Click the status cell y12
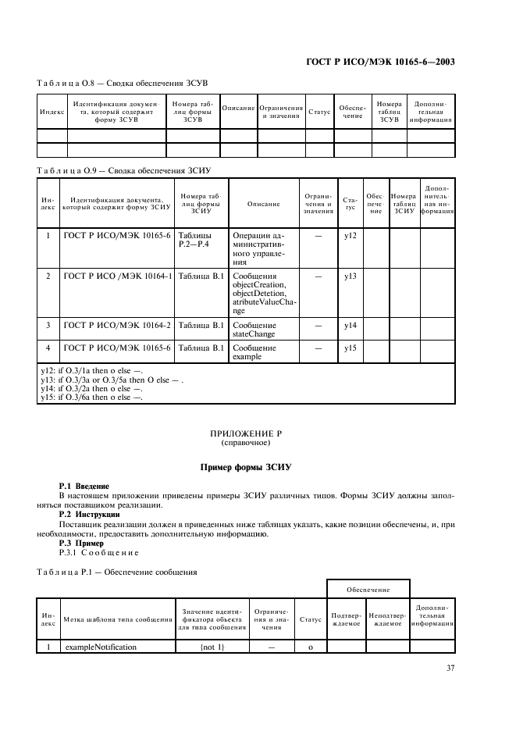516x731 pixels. [350, 235]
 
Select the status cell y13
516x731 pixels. [350, 276]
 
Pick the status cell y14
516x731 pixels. [350, 324]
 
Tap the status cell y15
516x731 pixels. [350, 348]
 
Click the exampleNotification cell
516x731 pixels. [101, 647]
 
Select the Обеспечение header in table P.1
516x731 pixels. [368, 590]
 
